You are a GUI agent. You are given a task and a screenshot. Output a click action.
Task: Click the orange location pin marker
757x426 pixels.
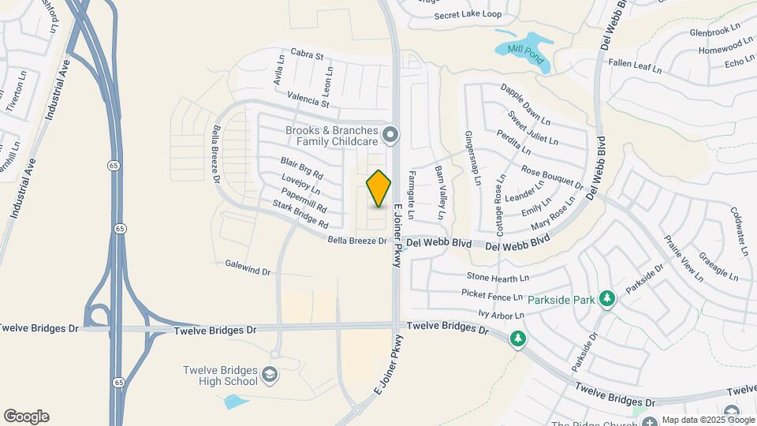click(379, 188)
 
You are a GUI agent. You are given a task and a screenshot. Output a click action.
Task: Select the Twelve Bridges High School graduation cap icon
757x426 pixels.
click(270, 374)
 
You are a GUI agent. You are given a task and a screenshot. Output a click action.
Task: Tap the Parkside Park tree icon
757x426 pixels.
click(606, 298)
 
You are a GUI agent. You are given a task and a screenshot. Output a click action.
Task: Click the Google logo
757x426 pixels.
click(26, 417)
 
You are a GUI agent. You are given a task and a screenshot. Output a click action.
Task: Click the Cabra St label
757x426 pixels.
click(308, 56)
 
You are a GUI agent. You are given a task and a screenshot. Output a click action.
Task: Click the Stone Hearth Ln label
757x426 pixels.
click(498, 278)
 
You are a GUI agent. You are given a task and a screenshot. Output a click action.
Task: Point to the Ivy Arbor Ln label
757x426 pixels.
click(502, 315)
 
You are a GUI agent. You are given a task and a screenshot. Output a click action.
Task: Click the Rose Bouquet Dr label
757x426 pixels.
click(551, 179)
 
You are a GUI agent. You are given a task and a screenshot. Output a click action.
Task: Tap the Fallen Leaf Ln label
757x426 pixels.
click(635, 65)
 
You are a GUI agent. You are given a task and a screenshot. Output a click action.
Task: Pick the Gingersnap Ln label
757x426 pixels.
click(473, 158)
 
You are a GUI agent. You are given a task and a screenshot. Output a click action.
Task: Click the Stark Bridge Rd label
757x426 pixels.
click(300, 215)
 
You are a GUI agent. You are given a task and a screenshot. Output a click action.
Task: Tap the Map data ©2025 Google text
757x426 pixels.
click(707, 420)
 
